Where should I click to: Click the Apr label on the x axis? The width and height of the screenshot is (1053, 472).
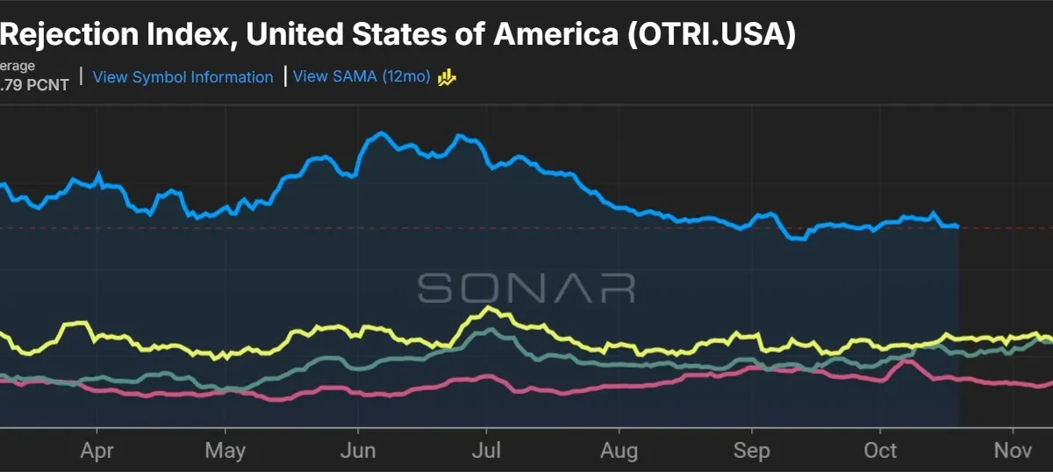[x=97, y=451]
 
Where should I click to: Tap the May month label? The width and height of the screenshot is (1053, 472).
[x=226, y=451]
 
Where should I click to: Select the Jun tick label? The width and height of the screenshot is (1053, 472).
[x=358, y=451]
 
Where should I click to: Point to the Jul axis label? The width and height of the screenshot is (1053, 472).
[x=486, y=451]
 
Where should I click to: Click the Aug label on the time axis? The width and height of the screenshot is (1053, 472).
[x=619, y=451]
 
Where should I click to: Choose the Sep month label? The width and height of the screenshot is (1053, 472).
[x=752, y=451]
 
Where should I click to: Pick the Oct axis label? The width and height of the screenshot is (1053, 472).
[x=880, y=451]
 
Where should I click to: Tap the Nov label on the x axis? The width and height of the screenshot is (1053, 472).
[x=1013, y=451]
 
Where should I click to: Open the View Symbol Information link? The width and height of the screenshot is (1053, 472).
[x=183, y=76]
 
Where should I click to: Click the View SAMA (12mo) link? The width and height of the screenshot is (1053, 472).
[x=362, y=76]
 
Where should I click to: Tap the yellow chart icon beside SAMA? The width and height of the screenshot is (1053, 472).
[x=447, y=77]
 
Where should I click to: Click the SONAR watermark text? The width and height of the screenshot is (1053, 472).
[x=526, y=288]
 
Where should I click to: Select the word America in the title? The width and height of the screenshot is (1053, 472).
[x=555, y=34]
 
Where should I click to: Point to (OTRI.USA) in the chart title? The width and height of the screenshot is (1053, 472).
[x=712, y=34]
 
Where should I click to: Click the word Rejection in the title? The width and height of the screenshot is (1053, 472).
[x=69, y=34]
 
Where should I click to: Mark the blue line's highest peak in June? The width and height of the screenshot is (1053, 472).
[x=381, y=133]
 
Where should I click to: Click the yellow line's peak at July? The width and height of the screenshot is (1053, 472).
[x=489, y=309]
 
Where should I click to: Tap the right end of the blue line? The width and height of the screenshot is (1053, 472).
[x=958, y=226]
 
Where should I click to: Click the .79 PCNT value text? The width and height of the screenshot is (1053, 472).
[x=34, y=85]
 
